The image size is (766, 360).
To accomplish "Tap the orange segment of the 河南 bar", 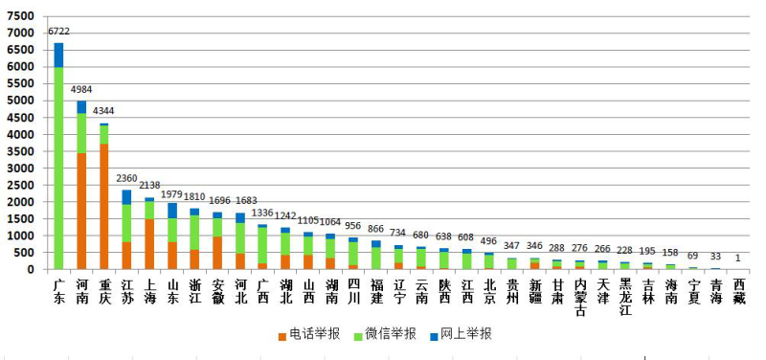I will [81, 211].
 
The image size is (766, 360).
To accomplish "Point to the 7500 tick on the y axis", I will [20, 16].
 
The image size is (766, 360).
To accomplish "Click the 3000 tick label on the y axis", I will [20, 169].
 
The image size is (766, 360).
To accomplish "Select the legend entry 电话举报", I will [303, 335].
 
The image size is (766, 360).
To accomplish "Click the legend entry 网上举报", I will [468, 335].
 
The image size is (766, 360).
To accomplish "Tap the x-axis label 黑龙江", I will [624, 295].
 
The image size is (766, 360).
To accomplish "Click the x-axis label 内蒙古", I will [579, 295].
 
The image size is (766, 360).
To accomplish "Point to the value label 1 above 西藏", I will [738, 259].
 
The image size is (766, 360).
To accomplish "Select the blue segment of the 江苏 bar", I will [126, 196].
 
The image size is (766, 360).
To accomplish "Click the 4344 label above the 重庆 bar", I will [104, 112].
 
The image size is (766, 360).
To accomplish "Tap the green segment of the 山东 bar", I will [171, 230].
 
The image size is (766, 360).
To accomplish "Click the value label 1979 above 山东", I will [172, 195].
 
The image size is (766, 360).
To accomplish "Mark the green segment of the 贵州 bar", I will [511, 263].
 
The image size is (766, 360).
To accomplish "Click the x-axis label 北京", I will [488, 289].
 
